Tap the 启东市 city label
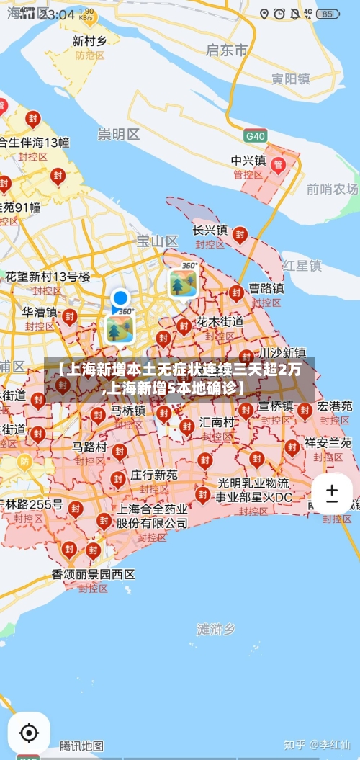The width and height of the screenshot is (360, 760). (226, 50)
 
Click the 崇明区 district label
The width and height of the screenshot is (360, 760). (119, 134)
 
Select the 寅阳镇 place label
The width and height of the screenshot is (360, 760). (290, 79)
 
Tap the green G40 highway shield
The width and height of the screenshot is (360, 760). (255, 135)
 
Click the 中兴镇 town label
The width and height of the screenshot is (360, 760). (248, 160)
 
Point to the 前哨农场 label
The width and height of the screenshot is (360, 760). (332, 189)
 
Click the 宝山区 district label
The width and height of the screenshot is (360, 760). (157, 241)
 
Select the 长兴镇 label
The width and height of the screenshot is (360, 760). (210, 230)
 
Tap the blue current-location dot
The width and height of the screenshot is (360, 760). (120, 298)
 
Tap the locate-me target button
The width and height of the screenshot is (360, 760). (29, 733)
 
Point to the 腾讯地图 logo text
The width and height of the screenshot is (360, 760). (81, 746)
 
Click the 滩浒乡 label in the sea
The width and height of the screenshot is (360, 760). (216, 629)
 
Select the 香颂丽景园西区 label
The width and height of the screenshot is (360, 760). (94, 574)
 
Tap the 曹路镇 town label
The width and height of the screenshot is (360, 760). (266, 288)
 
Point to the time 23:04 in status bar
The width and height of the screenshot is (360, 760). (57, 14)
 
